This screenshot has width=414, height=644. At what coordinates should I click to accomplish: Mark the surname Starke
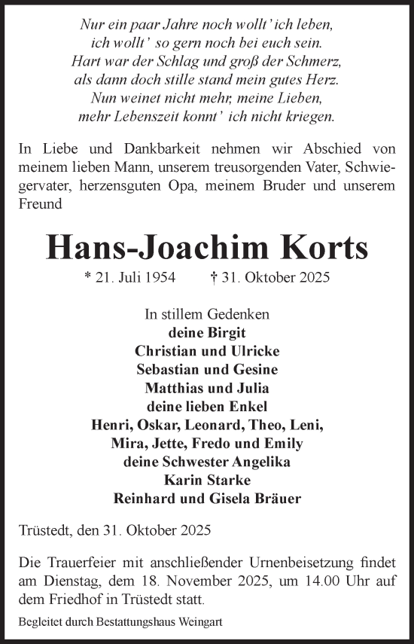coord(228,480)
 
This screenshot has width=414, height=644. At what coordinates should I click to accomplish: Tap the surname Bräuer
coord(279,499)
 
